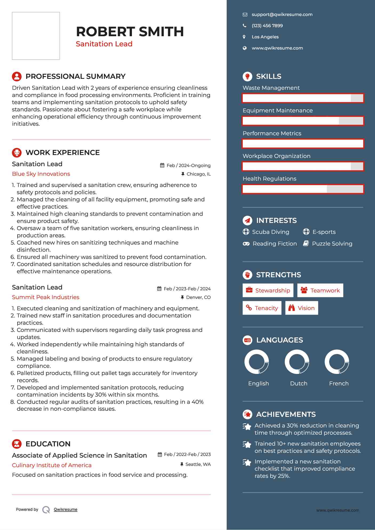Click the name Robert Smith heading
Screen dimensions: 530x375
pos(130,32)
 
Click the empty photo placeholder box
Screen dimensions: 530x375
pos(36,36)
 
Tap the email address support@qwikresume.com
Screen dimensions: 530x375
pos(282,15)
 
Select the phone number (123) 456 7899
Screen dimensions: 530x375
pos(267,26)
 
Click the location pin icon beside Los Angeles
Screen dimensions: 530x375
pos(244,37)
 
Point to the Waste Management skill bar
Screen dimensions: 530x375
pos(303,98)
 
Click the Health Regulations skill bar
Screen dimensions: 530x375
pos(303,189)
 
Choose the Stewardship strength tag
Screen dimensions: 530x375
pos(268,291)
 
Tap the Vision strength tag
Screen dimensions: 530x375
pos(301,308)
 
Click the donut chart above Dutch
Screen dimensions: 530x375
pos(297,362)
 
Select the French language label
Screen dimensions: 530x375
pos(339,384)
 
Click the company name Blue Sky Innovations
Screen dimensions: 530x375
pos(41,174)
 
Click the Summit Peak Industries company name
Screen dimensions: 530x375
pos(46,297)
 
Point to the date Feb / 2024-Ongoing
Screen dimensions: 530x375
pos(188,166)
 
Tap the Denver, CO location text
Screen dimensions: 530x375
pos(198,297)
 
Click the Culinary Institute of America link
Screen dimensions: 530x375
pos(52,465)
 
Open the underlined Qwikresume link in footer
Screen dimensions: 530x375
pos(66,509)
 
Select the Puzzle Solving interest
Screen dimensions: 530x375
pos(332,244)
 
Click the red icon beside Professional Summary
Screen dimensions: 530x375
pos(17,76)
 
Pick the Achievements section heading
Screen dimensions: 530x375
pos(286,414)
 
